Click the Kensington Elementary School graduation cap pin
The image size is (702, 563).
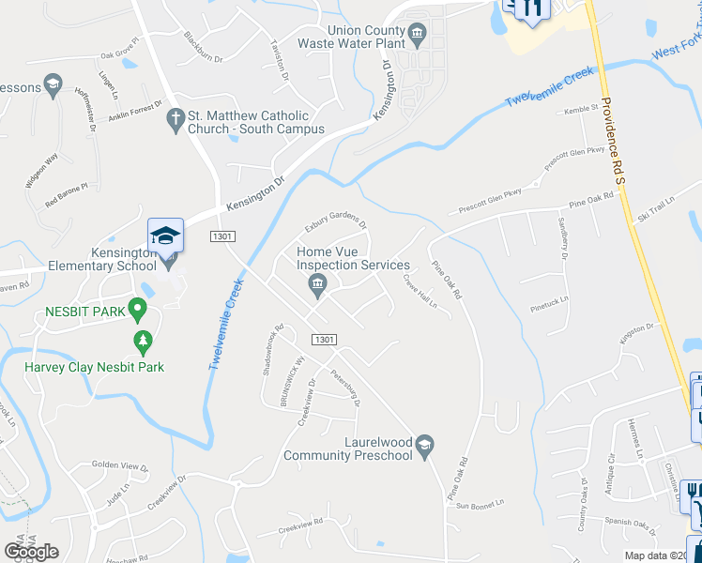[165, 236]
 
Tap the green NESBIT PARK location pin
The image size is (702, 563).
[138, 308]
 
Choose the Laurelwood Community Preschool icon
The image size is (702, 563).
[425, 443]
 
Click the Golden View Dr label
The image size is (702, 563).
[120, 465]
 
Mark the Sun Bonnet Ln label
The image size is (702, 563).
[481, 505]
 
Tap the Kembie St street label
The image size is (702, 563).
[581, 109]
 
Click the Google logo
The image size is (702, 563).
[31, 551]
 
